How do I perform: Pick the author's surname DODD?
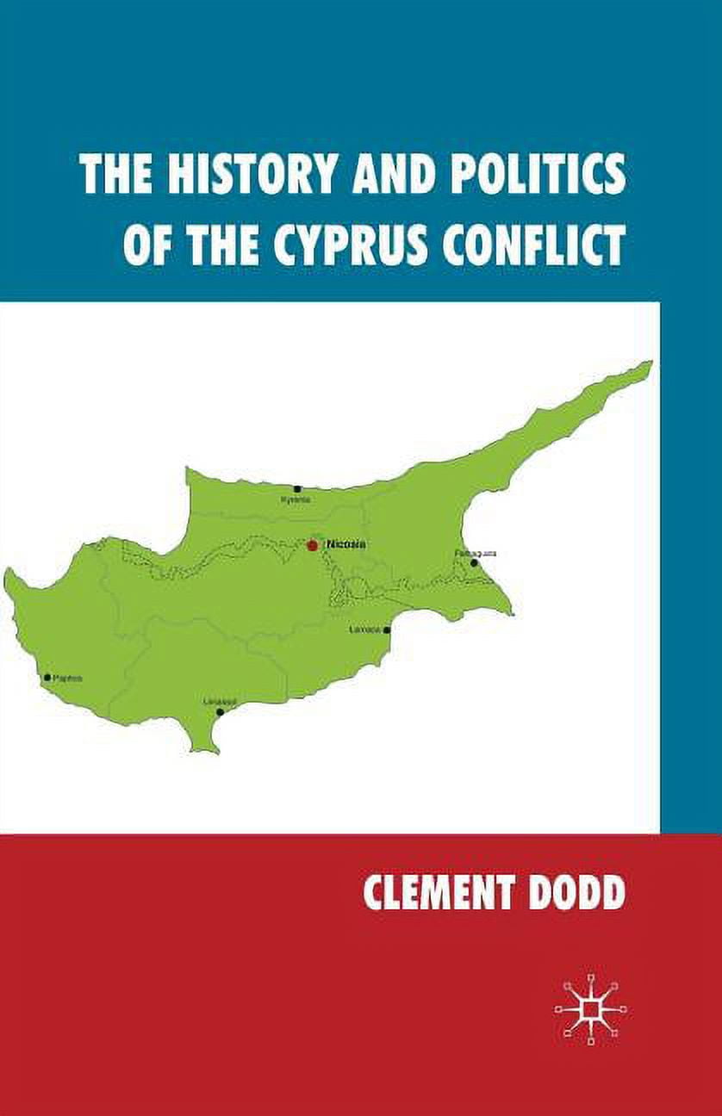(577, 893)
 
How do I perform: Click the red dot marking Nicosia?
(312, 545)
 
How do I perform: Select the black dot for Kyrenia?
(297, 489)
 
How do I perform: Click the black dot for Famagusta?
(474, 563)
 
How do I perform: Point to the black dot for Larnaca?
(387, 630)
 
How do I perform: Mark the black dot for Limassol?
(221, 712)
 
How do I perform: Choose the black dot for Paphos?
(47, 678)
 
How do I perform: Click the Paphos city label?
(68, 678)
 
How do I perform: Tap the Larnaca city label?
(364, 629)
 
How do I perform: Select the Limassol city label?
(217, 701)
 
